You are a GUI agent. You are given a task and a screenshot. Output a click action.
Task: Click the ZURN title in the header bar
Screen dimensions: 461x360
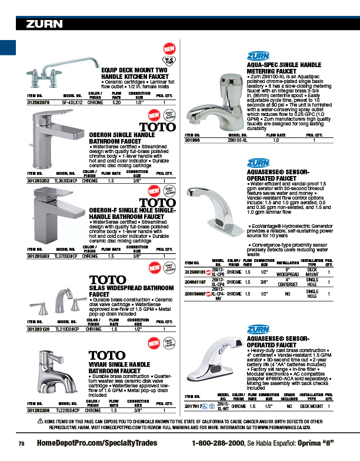coord(44,24)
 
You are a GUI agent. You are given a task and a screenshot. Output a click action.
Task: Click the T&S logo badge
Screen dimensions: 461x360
coord(169,61)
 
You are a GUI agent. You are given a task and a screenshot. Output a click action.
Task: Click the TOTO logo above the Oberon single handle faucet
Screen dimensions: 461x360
coord(156,126)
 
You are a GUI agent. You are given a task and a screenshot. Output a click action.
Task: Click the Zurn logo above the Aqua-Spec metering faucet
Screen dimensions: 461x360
coord(257,57)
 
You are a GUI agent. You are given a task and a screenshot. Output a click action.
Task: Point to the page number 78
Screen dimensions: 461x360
coord(21,443)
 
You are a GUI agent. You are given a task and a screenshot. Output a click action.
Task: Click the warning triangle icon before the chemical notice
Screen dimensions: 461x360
coord(41,421)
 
